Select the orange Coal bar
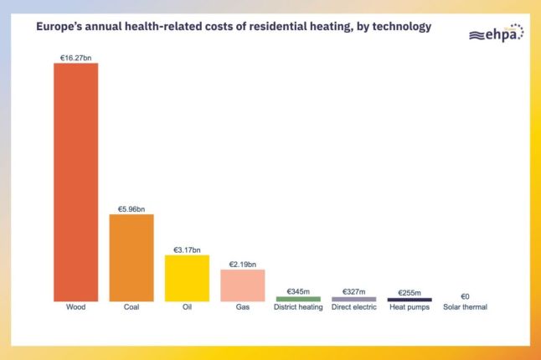point(131,258)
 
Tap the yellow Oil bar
point(187,278)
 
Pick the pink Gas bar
point(243,285)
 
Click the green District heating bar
point(298,299)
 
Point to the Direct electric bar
point(353,299)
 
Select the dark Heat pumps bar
point(410,300)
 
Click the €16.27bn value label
point(75,58)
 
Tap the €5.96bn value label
point(131,208)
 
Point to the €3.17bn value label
point(187,249)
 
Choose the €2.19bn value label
point(243,264)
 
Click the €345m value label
point(298,291)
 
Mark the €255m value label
point(410,292)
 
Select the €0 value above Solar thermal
point(465,296)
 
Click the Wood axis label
point(75,307)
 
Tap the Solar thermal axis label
point(465,307)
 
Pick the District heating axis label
point(298,307)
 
